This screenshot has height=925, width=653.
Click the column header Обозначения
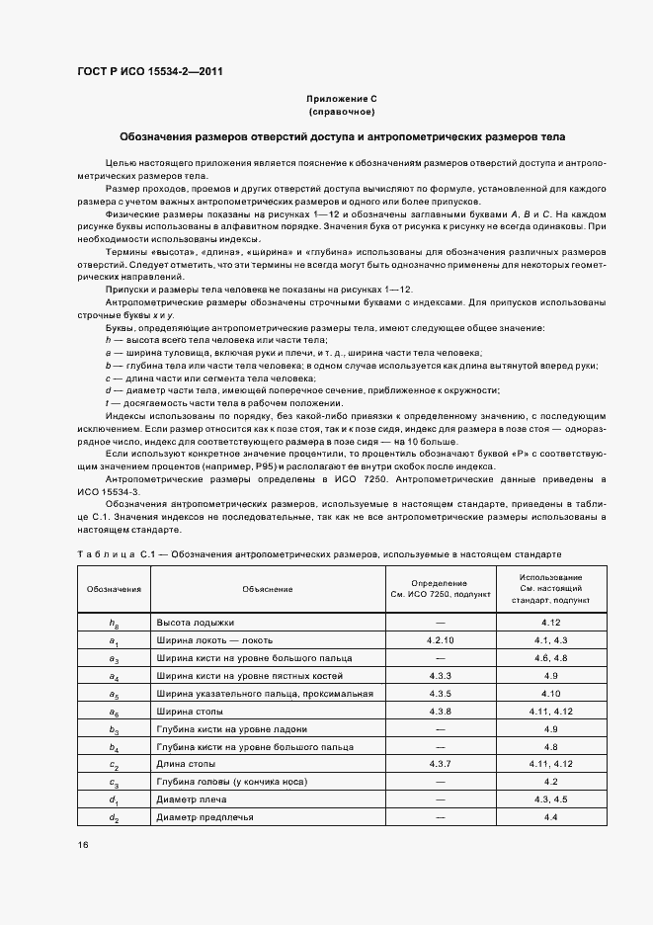(x=114, y=589)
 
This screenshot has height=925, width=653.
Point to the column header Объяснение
(x=267, y=589)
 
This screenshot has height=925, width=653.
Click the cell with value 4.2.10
(x=440, y=640)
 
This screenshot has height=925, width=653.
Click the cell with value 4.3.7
(x=440, y=764)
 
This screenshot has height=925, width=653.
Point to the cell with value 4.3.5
(x=440, y=694)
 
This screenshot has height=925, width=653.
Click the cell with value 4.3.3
(x=440, y=676)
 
